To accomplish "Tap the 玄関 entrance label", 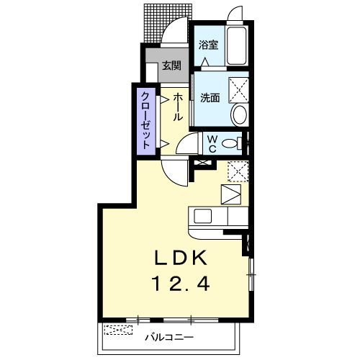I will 171,66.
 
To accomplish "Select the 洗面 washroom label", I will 210,98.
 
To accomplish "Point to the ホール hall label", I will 176,105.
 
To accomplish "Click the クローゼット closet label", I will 145,120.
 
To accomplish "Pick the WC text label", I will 214,143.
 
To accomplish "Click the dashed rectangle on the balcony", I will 118,330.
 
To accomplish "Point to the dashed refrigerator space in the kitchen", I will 238,171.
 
